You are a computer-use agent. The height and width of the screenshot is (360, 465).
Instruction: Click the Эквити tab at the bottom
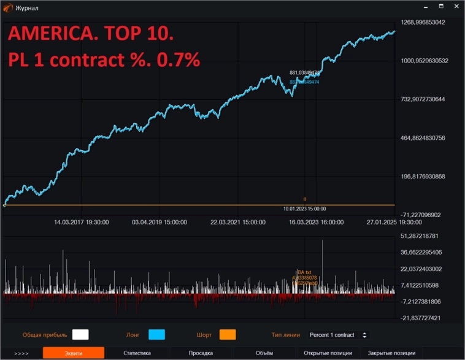pyautogui.click(x=73, y=353)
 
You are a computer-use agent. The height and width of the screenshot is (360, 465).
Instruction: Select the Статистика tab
pyautogui.click(x=137, y=353)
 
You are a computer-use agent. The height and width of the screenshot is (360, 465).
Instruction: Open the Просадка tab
pyautogui.click(x=201, y=353)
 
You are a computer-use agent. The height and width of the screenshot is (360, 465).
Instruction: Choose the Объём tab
pyautogui.click(x=264, y=353)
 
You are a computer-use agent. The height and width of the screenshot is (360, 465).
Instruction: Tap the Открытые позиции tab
pyautogui.click(x=328, y=353)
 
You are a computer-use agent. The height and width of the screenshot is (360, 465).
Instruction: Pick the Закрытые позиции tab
pyautogui.click(x=391, y=353)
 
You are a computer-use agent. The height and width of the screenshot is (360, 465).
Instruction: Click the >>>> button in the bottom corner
pyautogui.click(x=21, y=353)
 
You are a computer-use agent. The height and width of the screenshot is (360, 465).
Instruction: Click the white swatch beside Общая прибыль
pyautogui.click(x=80, y=334)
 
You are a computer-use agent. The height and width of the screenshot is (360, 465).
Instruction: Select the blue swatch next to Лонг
pyautogui.click(x=157, y=334)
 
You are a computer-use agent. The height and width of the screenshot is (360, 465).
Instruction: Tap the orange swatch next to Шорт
pyautogui.click(x=228, y=334)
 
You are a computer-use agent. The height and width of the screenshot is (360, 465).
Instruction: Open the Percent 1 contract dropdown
pyautogui.click(x=338, y=335)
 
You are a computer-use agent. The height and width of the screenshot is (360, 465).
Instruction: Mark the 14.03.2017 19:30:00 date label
pyautogui.click(x=82, y=223)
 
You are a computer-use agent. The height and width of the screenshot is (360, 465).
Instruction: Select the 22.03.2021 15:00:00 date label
pyautogui.click(x=238, y=223)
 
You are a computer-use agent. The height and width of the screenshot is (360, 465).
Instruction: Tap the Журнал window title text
pyautogui.click(x=26, y=8)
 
